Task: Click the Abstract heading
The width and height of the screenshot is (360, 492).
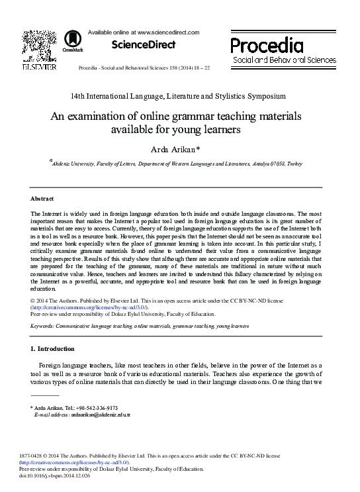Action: click(x=43, y=199)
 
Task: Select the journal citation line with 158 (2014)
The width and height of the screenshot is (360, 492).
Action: click(x=144, y=68)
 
